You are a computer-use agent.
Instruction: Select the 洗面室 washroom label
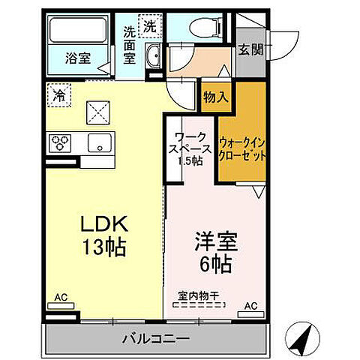(130, 44)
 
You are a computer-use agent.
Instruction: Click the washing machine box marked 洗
(151, 25)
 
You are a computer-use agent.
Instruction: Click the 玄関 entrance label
(250, 51)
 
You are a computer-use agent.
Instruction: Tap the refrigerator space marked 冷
(58, 94)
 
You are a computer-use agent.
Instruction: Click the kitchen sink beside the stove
(98, 143)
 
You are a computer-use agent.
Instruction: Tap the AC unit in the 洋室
(250, 305)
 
